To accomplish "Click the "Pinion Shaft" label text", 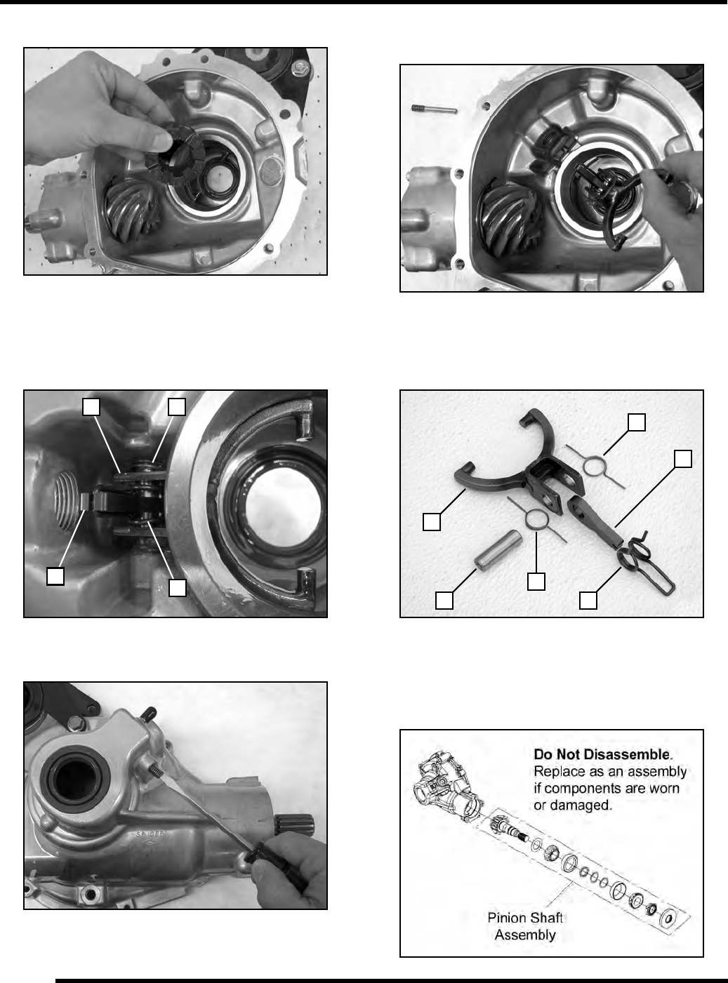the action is click(525, 918).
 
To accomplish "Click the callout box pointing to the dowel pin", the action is click(444, 601).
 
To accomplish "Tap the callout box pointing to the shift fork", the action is click(431, 521).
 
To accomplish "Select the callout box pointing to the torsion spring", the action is click(588, 601).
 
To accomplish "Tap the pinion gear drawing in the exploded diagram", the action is click(501, 826).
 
